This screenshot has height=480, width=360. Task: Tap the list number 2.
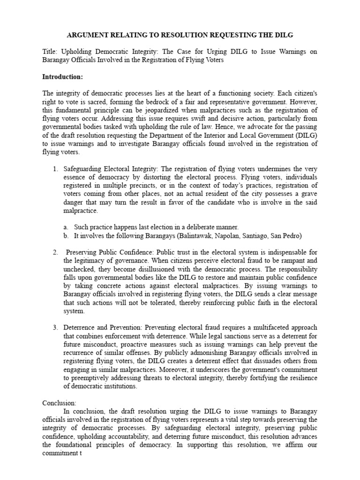point(54,253)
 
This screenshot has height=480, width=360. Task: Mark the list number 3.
point(54,327)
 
